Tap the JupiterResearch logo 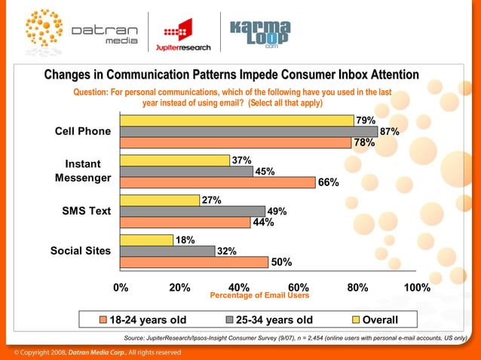point(183,32)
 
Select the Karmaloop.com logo point(260,32)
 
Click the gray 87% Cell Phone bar point(249,132)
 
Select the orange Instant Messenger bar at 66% point(218,182)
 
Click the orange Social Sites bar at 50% point(194,262)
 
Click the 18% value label point(185,240)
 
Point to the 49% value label point(278,212)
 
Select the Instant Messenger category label point(83,171)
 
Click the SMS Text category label point(85,211)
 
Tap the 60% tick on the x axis point(299,288)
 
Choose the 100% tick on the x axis point(416,288)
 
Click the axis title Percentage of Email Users point(259,296)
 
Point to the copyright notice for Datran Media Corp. point(95,352)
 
